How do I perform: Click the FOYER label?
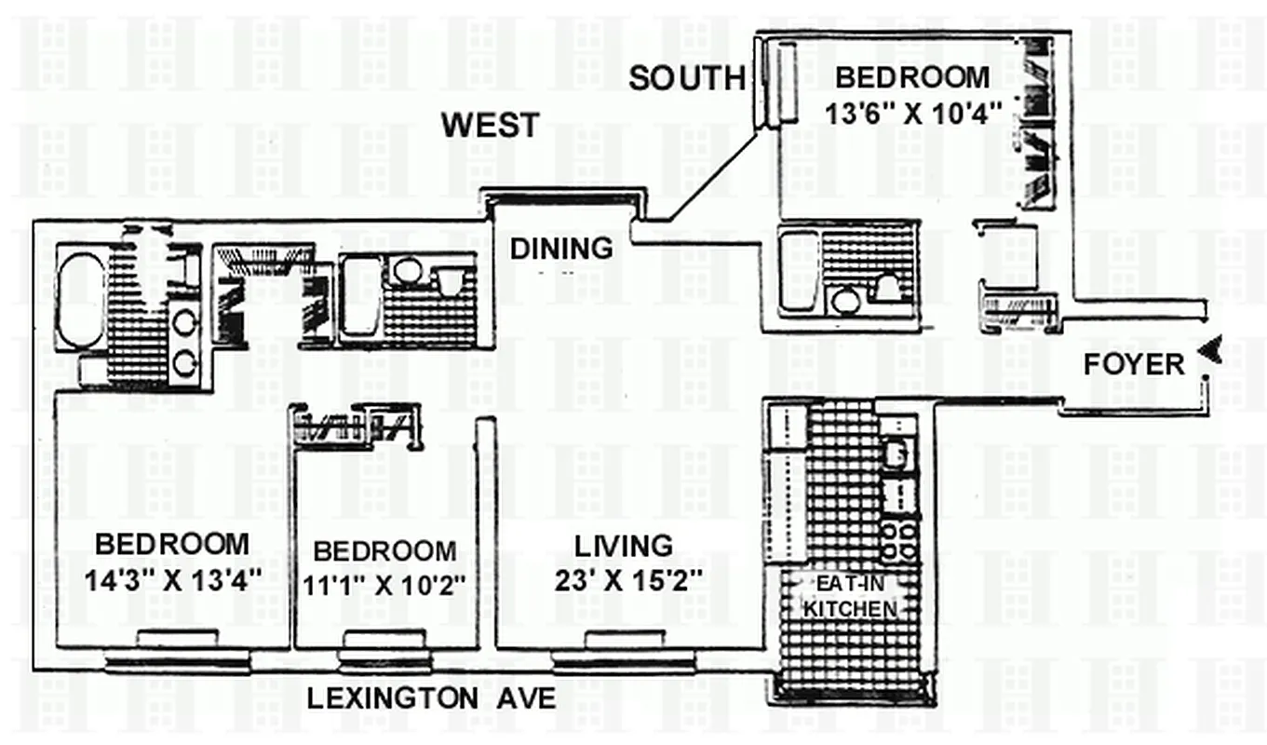click(1133, 364)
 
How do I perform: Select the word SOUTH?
click(687, 79)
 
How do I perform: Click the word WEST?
click(490, 125)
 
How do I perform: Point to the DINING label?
click(561, 249)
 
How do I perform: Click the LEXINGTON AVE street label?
click(431, 698)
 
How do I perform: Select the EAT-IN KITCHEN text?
click(850, 598)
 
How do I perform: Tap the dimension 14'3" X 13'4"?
click(172, 580)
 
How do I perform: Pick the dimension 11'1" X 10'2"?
click(384, 586)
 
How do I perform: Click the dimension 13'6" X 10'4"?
click(913, 113)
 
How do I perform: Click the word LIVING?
click(622, 546)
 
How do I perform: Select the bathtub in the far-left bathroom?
click(82, 295)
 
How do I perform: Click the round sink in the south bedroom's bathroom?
click(845, 300)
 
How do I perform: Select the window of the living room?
click(624, 662)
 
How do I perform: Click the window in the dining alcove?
click(565, 196)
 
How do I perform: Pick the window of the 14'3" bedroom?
click(177, 662)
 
